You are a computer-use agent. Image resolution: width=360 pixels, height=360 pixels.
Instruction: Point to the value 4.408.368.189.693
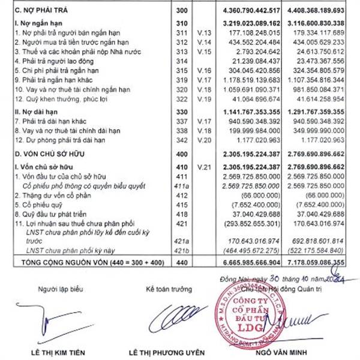pos(319,10)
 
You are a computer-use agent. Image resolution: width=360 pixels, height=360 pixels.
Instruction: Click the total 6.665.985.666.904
pos(255,262)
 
